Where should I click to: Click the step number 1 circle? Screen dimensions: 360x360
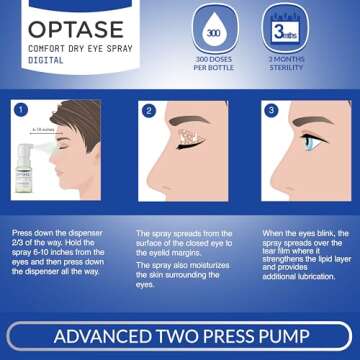point(21,111)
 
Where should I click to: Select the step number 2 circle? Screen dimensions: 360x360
point(149,111)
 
